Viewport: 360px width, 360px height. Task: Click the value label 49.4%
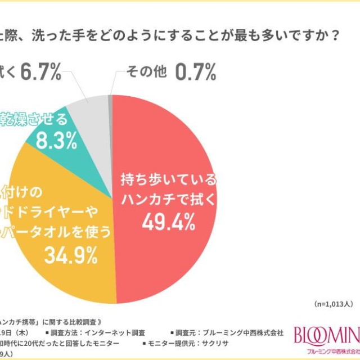pyautogui.click(x=169, y=224)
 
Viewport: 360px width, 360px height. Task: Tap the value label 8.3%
pyautogui.click(x=56, y=141)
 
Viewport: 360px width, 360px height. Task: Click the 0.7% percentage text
pyautogui.click(x=196, y=72)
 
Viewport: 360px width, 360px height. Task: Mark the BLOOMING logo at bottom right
pyautogui.click(x=327, y=337)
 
